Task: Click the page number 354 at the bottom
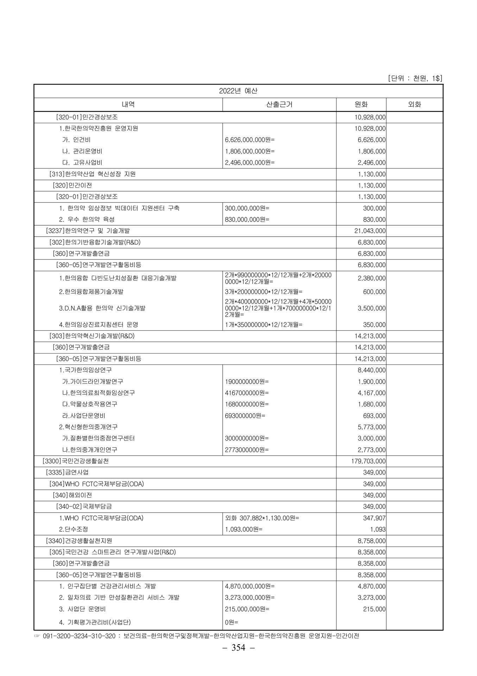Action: click(238, 648)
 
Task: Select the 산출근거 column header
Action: click(279, 105)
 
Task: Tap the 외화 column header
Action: click(414, 105)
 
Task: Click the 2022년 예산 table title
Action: click(238, 91)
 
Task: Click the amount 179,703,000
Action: click(368, 461)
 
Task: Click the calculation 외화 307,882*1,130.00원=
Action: click(262, 518)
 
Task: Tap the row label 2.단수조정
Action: click(74, 530)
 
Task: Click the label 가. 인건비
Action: click(76, 140)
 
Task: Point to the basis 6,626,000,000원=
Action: click(250, 140)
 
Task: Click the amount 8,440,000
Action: click(371, 370)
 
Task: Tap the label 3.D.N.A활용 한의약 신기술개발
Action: click(102, 308)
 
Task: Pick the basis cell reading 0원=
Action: click(232, 622)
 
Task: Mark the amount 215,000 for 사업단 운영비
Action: click(374, 609)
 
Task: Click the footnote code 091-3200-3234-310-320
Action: click(78, 636)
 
